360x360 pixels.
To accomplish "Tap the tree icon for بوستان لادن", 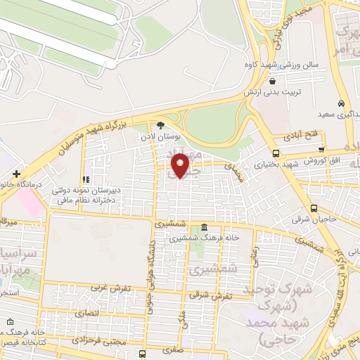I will pos(161,124).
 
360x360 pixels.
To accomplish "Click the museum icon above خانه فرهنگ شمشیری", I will pos(203,228).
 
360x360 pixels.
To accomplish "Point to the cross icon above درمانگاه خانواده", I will pos(16,173).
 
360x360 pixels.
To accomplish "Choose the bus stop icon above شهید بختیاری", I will pos(275,153).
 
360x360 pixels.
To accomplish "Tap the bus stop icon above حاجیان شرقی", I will pos(314,209).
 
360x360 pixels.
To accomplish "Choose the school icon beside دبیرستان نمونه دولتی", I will pos(86,180).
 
